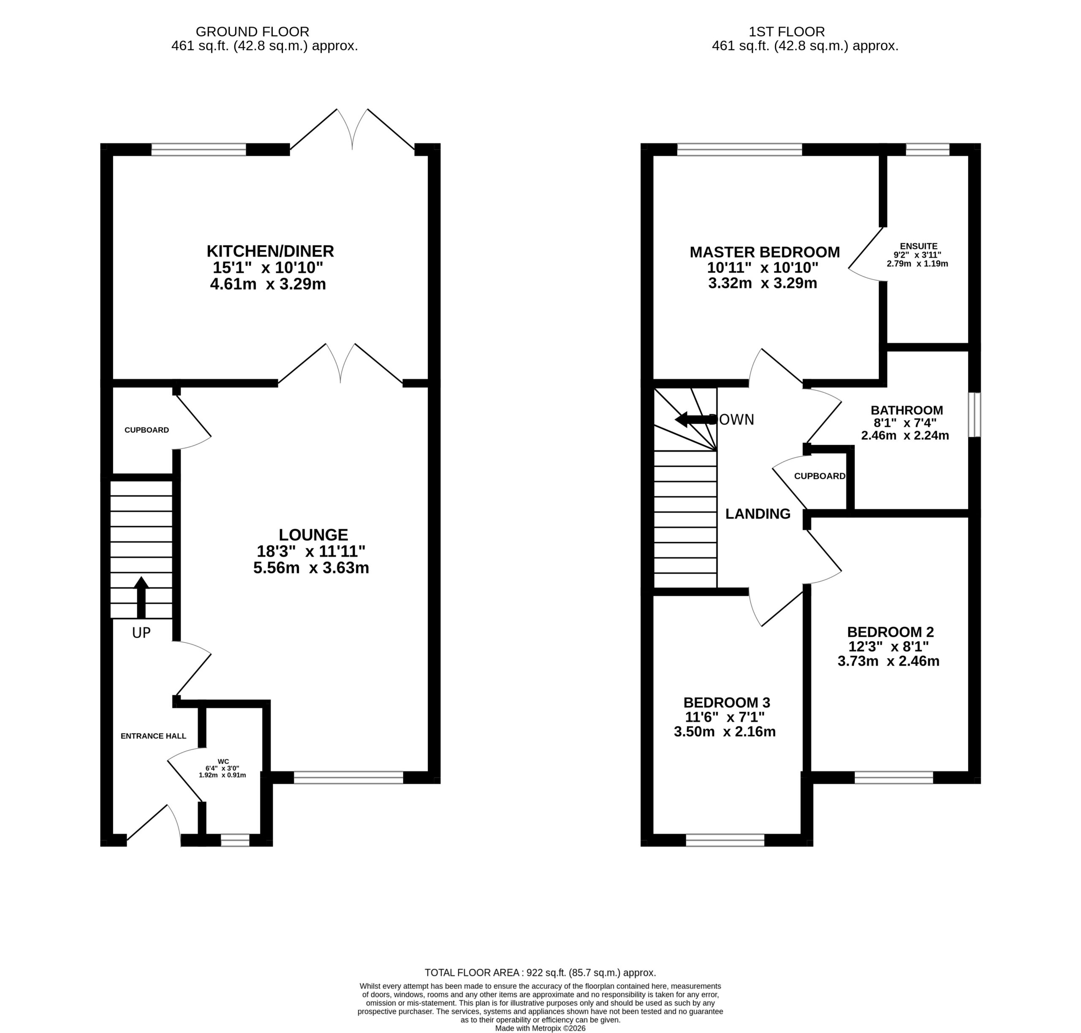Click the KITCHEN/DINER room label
(270, 251)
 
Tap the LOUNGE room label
(313, 535)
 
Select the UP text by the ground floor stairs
(141, 633)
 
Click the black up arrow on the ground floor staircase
(141, 597)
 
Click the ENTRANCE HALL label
(153, 736)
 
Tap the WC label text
(223, 762)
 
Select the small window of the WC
(235, 840)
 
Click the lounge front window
(348, 777)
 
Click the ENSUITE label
(918, 246)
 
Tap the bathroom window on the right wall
(974, 415)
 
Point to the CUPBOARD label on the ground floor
(147, 430)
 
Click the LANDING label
(758, 514)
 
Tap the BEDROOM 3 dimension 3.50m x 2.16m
(725, 732)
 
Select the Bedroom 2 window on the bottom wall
(894, 777)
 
